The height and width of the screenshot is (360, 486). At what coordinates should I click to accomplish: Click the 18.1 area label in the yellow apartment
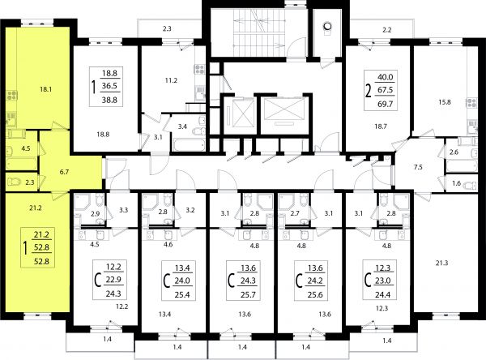click(45, 90)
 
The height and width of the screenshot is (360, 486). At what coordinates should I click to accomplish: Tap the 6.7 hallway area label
click(64, 172)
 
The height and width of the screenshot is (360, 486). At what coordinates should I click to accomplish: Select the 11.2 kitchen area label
click(171, 81)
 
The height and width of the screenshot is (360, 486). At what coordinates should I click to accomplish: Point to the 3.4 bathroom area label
click(182, 126)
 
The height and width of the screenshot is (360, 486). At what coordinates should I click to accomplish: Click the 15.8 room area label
click(445, 102)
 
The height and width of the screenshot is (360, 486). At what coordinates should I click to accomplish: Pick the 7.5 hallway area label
click(418, 167)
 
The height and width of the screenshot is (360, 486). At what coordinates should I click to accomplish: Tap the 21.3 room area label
click(441, 264)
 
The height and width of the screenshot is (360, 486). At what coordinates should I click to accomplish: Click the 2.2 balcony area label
click(387, 30)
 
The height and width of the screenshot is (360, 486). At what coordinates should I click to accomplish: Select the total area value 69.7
click(386, 104)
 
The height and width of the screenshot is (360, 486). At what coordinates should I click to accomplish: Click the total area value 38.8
click(109, 100)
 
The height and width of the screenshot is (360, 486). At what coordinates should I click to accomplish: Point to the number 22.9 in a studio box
click(113, 280)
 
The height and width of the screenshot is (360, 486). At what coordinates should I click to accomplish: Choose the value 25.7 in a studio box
click(248, 294)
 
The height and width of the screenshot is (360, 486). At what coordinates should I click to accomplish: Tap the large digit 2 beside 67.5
click(369, 92)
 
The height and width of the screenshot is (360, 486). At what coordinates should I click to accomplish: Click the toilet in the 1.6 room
click(470, 186)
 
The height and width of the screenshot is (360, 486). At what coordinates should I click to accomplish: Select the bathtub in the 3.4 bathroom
click(189, 145)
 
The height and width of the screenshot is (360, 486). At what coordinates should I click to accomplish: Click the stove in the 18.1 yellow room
click(12, 95)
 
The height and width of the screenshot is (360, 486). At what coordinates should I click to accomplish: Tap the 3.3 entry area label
click(123, 210)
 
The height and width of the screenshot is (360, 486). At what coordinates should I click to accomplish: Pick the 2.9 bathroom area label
click(95, 213)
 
